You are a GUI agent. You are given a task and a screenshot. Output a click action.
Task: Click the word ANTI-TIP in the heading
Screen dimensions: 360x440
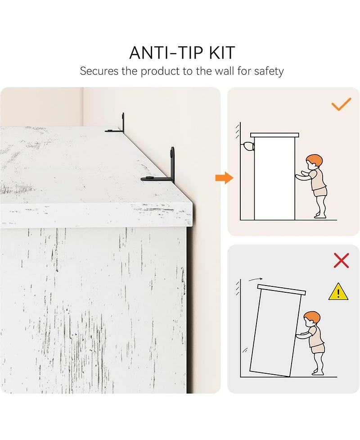tap(167, 53)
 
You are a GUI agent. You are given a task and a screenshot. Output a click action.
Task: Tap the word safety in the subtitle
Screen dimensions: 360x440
tap(269, 71)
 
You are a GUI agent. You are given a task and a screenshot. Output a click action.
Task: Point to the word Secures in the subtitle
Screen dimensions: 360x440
tap(99, 71)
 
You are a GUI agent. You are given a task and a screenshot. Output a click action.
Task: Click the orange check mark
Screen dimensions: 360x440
tap(341, 104)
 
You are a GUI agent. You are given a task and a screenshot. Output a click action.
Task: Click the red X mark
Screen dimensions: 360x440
tap(341, 260)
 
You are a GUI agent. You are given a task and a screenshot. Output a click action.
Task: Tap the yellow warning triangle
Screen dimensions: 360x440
tap(338, 292)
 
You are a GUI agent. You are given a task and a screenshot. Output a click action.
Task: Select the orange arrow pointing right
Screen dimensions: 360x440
tap(224, 177)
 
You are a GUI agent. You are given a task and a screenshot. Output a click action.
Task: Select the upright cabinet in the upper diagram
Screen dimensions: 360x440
tap(274, 177)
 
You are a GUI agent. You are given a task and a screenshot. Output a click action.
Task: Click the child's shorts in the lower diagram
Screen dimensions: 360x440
tap(317, 348)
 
